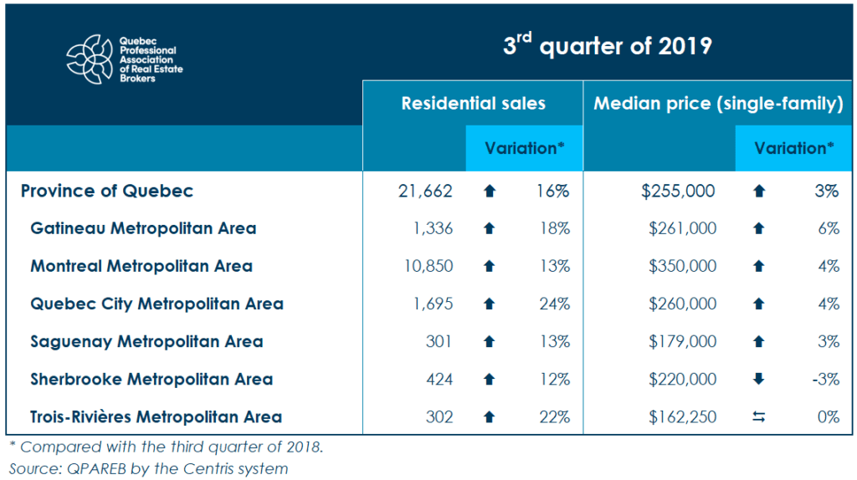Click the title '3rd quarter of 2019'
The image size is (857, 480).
pyautogui.click(x=607, y=45)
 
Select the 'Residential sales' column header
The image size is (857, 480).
pyautogui.click(x=473, y=104)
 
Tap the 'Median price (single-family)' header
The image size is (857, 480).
pyautogui.click(x=717, y=104)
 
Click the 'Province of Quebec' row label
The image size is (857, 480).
pyautogui.click(x=107, y=191)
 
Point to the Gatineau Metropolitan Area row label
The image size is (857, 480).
pyautogui.click(x=143, y=228)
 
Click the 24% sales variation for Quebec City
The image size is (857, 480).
pyautogui.click(x=554, y=304)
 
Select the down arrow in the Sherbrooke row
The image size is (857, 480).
pyautogui.click(x=759, y=379)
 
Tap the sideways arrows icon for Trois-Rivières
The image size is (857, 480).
pyautogui.click(x=759, y=416)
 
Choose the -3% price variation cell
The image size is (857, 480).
pyautogui.click(x=825, y=379)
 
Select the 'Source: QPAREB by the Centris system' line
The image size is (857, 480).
pyautogui.click(x=148, y=468)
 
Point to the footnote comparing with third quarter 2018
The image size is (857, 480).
pyautogui.click(x=165, y=447)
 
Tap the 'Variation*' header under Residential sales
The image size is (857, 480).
pyautogui.click(x=524, y=148)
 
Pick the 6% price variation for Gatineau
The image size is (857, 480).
pyautogui.click(x=829, y=228)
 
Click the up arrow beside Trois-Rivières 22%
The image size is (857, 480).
pyautogui.click(x=490, y=416)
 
